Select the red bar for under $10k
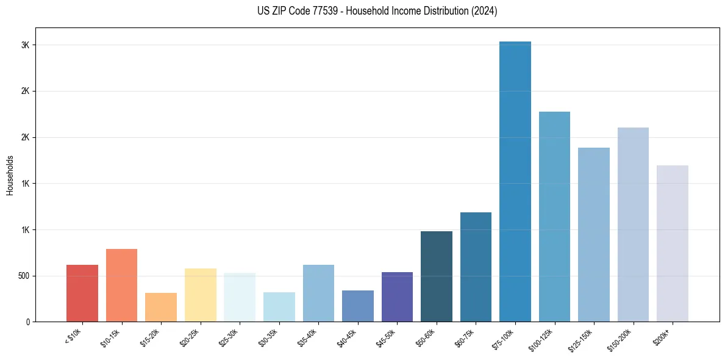(82, 293)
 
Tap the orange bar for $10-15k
(121, 285)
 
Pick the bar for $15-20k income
(161, 307)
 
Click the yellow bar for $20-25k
(200, 295)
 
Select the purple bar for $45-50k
(397, 297)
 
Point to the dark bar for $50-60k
(436, 276)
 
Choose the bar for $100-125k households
(554, 217)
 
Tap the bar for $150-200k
(633, 225)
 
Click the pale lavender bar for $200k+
(672, 243)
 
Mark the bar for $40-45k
(357, 306)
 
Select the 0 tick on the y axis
(27, 322)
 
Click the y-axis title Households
(10, 175)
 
